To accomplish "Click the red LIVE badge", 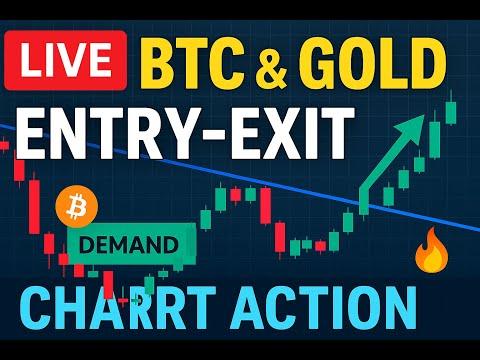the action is tap(65, 60).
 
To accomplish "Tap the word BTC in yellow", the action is tap(192, 64).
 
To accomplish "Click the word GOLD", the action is tap(372, 64).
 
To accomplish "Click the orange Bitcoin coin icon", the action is tap(77, 206).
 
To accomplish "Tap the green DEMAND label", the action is tap(131, 245).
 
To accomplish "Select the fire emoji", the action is tap(432, 251).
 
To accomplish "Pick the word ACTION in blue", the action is tap(324, 308).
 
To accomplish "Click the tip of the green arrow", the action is tap(424, 115).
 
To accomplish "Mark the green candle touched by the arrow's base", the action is tap(364, 204).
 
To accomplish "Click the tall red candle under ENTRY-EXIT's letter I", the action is tap(266, 206).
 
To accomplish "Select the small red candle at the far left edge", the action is tap(4, 145).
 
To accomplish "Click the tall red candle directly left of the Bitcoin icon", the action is tap(34, 207).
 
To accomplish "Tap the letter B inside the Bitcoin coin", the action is tap(77, 207).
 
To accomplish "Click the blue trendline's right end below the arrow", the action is tap(479, 229).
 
